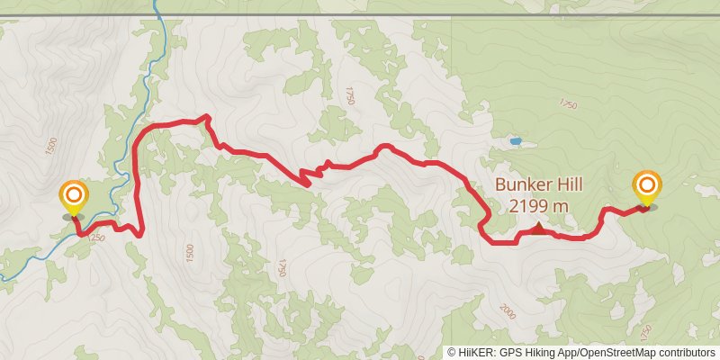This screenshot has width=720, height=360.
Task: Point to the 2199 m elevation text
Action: click(538, 206)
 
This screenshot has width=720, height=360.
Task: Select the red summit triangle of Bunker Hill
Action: click(538, 229)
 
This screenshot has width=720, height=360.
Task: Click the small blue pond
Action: click(515, 141)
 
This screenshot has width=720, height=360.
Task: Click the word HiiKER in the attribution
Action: click(475, 352)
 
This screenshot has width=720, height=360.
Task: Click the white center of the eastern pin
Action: click(647, 185)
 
